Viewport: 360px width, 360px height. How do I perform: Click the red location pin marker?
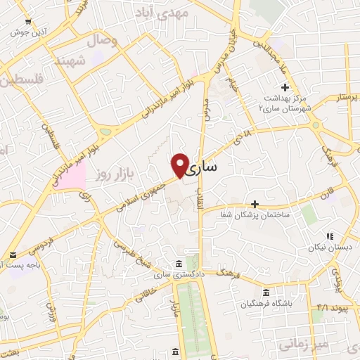point(180,165)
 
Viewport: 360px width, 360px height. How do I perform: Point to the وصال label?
point(102,40)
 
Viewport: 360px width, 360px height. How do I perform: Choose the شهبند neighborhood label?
point(91,62)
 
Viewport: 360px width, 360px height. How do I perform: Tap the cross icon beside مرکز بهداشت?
point(285,86)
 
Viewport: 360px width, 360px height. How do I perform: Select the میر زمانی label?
point(298,345)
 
